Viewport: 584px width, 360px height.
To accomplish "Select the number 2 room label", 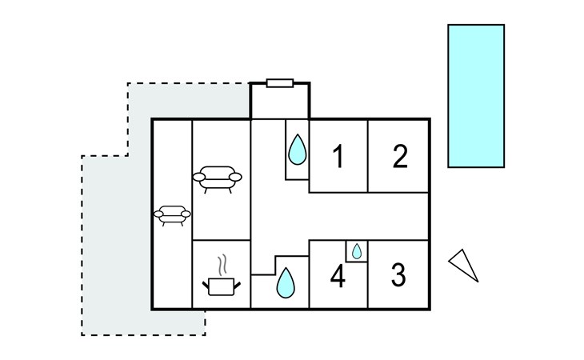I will point(400,157).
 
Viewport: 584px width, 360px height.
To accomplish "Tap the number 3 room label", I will point(398,276).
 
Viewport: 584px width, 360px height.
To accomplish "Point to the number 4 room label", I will point(338,278).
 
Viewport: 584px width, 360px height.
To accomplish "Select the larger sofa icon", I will point(217,178).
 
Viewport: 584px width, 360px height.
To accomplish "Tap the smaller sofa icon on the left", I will point(173,215).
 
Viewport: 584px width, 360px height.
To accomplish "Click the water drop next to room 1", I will point(297,149).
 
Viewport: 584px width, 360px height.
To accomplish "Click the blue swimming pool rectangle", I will point(475,95).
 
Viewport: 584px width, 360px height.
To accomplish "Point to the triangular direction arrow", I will point(463,265).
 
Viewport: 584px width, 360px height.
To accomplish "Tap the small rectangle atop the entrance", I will point(280,82).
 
